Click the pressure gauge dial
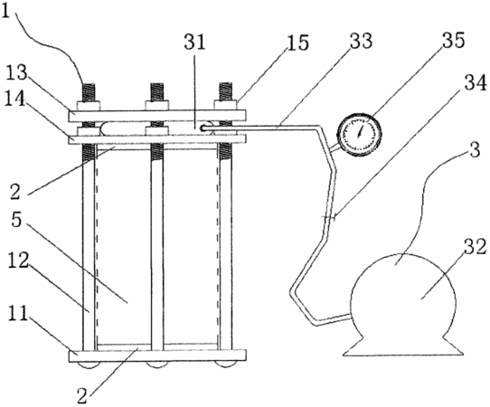[x=361, y=134]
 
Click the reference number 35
[x=453, y=41]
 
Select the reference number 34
[x=475, y=83]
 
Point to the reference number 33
[x=361, y=41]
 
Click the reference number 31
[x=194, y=42]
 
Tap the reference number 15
[x=297, y=43]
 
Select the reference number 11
[x=16, y=315]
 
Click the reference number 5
[x=16, y=221]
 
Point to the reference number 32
[x=475, y=247]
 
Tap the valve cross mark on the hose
[x=328, y=217]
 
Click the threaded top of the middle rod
[x=156, y=91]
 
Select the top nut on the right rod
[x=226, y=105]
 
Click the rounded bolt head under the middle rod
[x=158, y=364]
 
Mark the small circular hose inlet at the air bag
[x=203, y=128]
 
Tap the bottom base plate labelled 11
[x=157, y=355]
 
